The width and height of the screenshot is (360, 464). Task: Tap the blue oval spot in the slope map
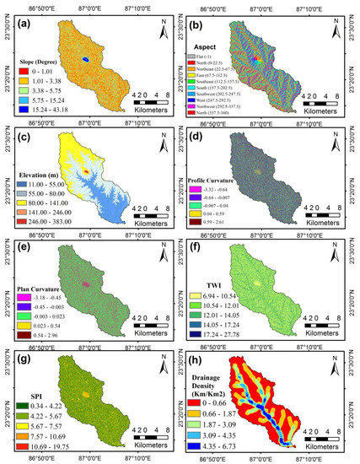pos(84,59)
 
